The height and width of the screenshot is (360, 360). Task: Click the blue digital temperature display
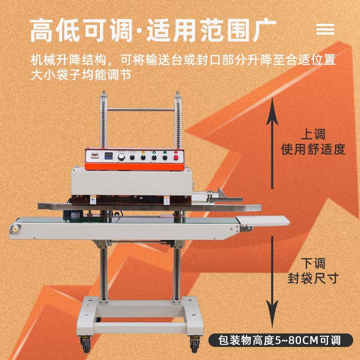click(x=109, y=157)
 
